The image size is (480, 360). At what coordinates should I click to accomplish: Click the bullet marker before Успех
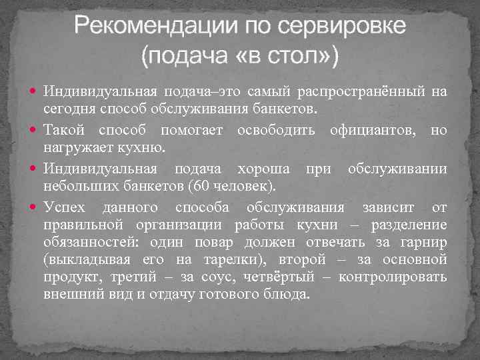(35, 206)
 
